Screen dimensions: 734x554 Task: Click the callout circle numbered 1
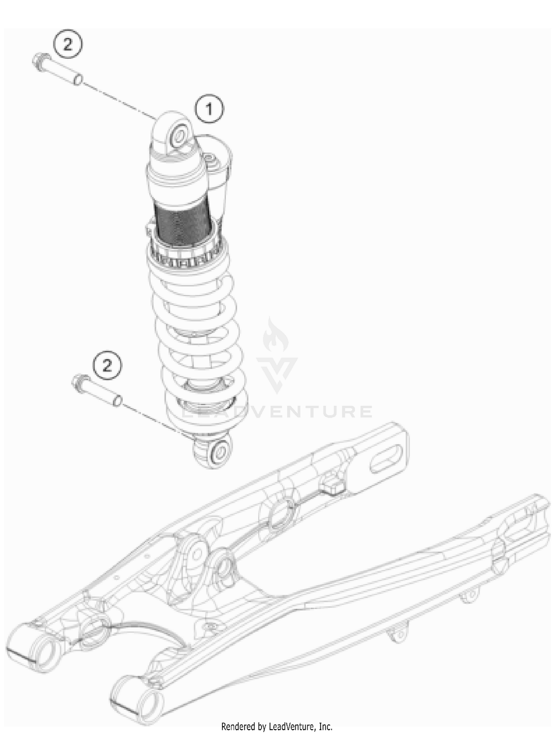(x=209, y=109)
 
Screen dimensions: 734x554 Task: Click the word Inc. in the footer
(x=325, y=727)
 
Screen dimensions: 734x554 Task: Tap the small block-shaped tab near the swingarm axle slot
(x=333, y=487)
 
